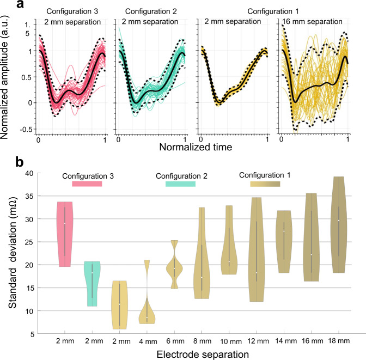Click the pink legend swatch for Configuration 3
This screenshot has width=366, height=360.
click(x=87, y=184)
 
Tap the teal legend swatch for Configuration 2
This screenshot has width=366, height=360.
click(x=180, y=184)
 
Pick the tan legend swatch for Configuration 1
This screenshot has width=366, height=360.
click(x=265, y=184)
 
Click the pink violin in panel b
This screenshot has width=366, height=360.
click(x=65, y=234)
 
